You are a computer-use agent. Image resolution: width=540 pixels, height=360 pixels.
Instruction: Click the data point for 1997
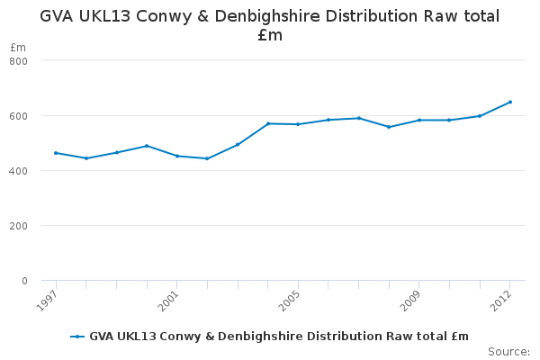(56, 153)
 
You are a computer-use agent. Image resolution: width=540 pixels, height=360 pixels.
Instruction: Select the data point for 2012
(510, 102)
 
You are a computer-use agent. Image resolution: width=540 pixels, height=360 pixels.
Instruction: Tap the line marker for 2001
(177, 156)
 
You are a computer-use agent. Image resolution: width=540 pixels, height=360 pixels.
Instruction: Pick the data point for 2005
(298, 124)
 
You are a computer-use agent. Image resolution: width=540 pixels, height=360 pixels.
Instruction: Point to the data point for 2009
(419, 121)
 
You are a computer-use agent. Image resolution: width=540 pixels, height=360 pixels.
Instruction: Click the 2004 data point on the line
(268, 123)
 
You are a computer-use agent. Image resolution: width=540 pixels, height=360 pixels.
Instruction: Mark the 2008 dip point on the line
(389, 127)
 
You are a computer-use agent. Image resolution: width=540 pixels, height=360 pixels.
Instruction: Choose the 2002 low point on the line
(207, 158)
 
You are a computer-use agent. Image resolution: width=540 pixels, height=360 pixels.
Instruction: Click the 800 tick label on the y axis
(18, 61)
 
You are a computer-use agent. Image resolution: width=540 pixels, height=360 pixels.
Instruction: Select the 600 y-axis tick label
(18, 116)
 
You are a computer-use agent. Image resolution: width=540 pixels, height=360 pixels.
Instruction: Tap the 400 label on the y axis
(18, 171)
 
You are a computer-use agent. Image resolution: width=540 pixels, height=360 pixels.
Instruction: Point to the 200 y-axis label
(18, 226)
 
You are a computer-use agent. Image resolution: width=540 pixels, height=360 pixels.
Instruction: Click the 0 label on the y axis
(24, 281)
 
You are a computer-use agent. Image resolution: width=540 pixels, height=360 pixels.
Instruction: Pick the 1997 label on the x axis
(47, 301)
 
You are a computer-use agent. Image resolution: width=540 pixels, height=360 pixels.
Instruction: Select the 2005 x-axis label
(289, 301)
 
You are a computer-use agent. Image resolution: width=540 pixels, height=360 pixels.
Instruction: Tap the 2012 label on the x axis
(501, 301)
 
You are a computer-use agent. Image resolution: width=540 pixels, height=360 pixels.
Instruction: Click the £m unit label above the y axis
(18, 47)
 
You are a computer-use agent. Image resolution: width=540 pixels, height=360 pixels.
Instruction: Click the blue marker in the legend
(77, 337)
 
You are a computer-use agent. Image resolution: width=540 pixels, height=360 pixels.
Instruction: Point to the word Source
(508, 352)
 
